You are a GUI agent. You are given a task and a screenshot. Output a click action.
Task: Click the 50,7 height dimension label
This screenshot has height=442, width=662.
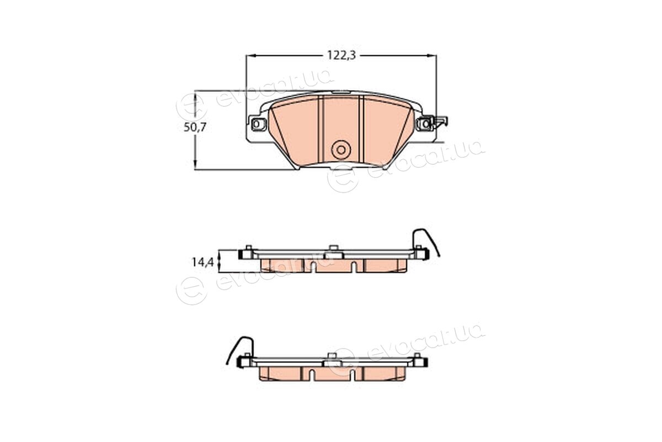(x=195, y=127)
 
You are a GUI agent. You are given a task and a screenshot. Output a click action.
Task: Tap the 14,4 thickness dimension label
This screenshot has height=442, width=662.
(x=203, y=262)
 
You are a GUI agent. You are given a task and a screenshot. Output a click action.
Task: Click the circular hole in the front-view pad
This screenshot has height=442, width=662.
(x=341, y=150)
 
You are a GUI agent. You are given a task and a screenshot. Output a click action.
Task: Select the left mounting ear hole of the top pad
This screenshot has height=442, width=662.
(x=257, y=124)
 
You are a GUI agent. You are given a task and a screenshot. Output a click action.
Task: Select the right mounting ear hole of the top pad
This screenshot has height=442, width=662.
(x=425, y=124)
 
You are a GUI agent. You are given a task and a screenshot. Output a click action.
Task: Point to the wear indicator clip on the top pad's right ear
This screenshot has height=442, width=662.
(x=440, y=122)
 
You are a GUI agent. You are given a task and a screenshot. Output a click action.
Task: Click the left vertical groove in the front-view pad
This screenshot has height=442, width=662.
(x=321, y=130)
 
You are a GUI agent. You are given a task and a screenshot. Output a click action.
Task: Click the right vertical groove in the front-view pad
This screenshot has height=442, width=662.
(x=361, y=130)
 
